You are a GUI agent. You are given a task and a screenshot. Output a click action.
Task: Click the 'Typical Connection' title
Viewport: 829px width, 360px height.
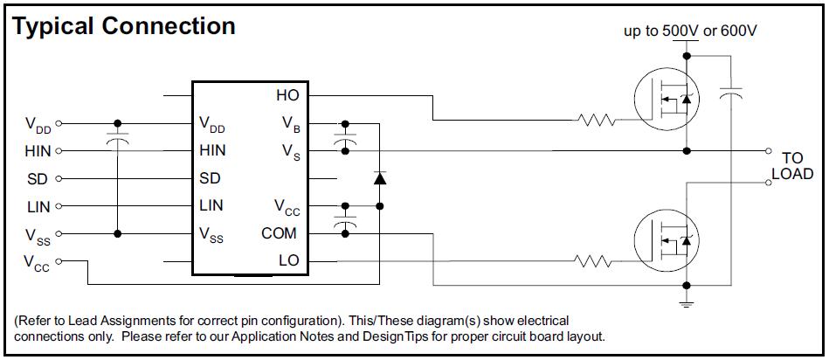point(124,26)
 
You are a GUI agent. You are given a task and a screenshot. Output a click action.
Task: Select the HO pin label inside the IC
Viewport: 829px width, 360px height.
point(287,94)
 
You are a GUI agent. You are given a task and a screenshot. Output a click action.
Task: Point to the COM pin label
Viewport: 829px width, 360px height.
point(279,233)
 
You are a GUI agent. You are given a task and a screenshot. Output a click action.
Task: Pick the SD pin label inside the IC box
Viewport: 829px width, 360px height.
point(210,178)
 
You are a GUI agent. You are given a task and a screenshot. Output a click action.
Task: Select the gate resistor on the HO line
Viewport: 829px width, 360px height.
point(598,120)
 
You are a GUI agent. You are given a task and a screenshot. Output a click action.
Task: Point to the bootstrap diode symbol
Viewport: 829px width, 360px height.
point(379,178)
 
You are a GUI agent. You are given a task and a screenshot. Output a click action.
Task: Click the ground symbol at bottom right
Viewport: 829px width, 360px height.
point(687,301)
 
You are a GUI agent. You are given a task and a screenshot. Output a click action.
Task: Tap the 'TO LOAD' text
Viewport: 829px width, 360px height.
point(791,166)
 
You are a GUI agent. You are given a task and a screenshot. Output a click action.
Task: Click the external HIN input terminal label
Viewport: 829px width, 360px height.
point(38,151)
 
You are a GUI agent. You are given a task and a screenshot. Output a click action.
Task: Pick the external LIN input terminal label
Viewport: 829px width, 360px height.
point(39,207)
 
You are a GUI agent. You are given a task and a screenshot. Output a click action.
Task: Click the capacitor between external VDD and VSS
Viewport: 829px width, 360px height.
point(118,139)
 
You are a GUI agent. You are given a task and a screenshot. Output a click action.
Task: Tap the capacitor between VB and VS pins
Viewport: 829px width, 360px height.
point(347,138)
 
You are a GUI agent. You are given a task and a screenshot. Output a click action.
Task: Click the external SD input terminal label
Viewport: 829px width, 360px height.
point(38,179)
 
